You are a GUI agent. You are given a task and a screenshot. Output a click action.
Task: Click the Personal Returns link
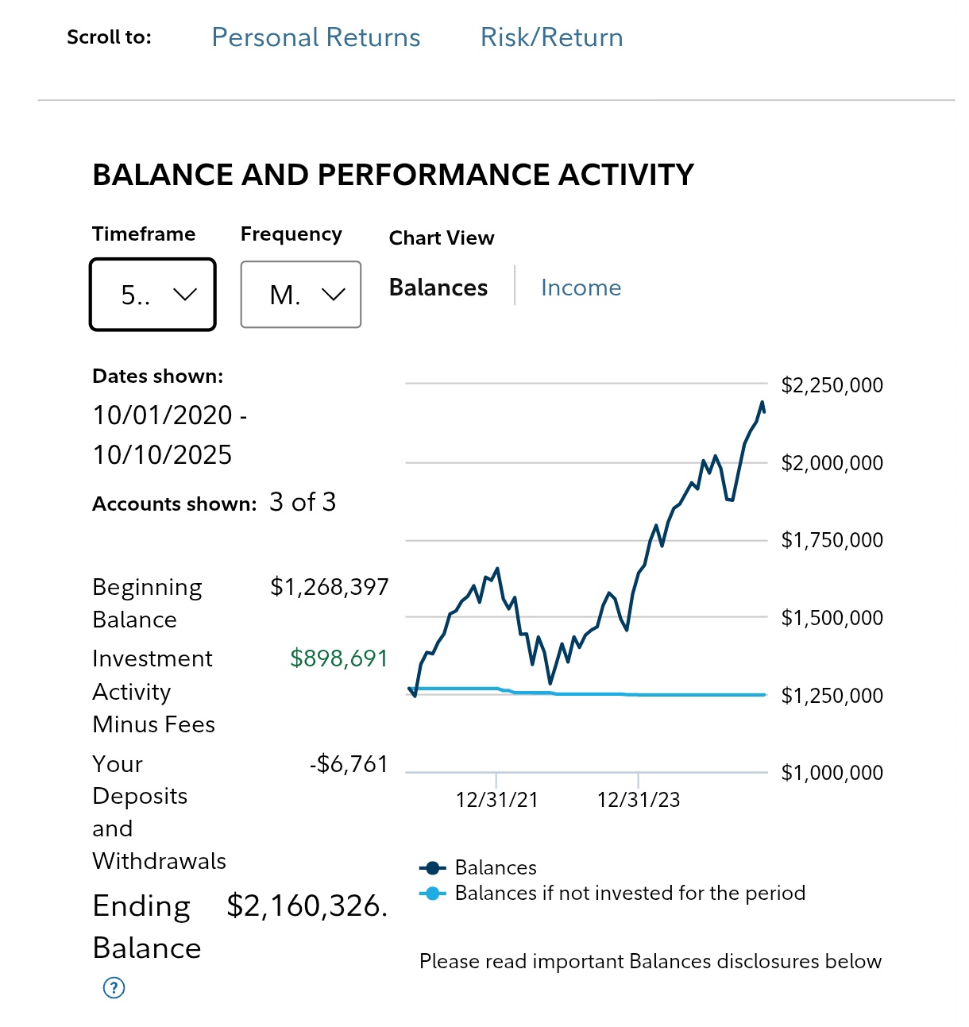click(x=315, y=37)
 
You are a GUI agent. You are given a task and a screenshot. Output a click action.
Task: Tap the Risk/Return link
click(x=551, y=37)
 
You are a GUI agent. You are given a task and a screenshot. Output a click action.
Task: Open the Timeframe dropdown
click(x=152, y=295)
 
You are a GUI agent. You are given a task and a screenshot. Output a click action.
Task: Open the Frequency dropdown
click(x=300, y=295)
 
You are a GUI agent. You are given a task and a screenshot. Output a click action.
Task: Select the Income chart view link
click(x=581, y=288)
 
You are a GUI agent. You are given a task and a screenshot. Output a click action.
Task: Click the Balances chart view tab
click(x=438, y=288)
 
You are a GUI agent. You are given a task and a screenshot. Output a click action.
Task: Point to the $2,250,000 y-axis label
click(x=832, y=385)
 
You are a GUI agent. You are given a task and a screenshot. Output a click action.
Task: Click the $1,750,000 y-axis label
click(x=832, y=540)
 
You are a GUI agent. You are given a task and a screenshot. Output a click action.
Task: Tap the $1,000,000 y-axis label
click(x=832, y=773)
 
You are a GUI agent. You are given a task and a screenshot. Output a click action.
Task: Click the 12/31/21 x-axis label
click(x=496, y=800)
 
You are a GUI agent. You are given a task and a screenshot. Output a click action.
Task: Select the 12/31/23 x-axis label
click(x=639, y=800)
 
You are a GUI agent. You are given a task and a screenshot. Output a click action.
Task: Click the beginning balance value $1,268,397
click(x=329, y=587)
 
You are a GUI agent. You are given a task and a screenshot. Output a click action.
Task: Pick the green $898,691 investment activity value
click(x=338, y=658)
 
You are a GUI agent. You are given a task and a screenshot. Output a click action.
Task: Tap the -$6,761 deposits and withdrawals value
click(x=349, y=764)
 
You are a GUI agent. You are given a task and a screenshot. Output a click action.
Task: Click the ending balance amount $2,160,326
click(x=307, y=905)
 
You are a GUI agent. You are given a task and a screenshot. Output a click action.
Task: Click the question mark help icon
click(x=114, y=987)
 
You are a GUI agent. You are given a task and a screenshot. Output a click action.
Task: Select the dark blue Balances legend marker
click(x=432, y=867)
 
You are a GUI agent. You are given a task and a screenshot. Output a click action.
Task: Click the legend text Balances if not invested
click(x=630, y=894)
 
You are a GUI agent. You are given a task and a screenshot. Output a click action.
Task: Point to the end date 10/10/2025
click(x=162, y=455)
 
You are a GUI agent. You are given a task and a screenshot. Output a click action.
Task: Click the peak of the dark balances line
click(x=762, y=403)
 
